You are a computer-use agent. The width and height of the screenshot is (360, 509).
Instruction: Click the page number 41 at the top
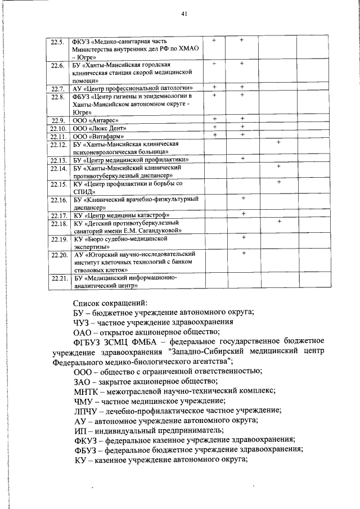pos(184,14)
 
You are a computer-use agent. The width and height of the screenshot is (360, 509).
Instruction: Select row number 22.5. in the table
pos(57,42)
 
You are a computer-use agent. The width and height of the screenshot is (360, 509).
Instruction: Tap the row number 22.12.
pos(58,145)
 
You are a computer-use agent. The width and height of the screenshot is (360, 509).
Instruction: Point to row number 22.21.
pos(58,278)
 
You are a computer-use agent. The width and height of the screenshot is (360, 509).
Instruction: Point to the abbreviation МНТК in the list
pos(87,390)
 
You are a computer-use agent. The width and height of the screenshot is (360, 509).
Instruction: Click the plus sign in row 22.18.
pos(279,222)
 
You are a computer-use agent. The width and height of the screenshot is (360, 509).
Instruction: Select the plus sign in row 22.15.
pos(279,182)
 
